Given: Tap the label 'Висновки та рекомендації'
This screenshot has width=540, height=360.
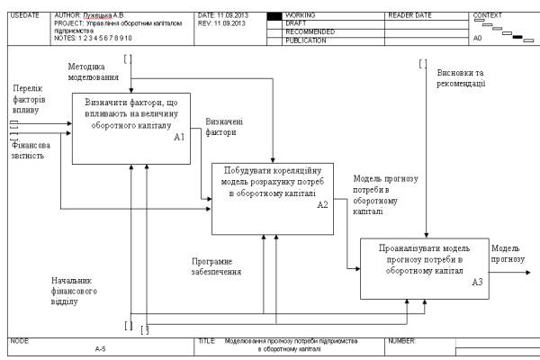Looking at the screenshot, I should click(x=461, y=78).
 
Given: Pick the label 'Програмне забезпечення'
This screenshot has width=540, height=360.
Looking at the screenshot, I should click(x=217, y=266).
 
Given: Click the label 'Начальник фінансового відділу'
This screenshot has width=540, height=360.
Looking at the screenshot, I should click(x=75, y=292).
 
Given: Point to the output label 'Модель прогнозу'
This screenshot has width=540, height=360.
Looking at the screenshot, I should click(x=508, y=253).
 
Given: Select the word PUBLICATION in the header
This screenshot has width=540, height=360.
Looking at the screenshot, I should click(x=307, y=40).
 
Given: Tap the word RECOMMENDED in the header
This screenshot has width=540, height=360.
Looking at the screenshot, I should click(x=310, y=32).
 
